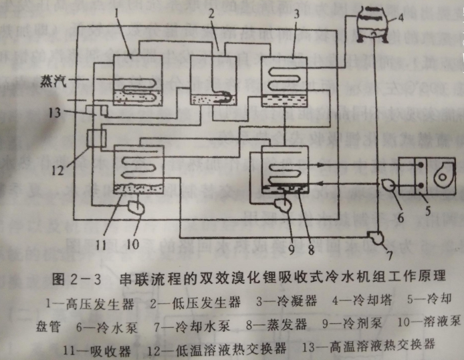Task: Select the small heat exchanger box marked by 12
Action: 95,139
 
